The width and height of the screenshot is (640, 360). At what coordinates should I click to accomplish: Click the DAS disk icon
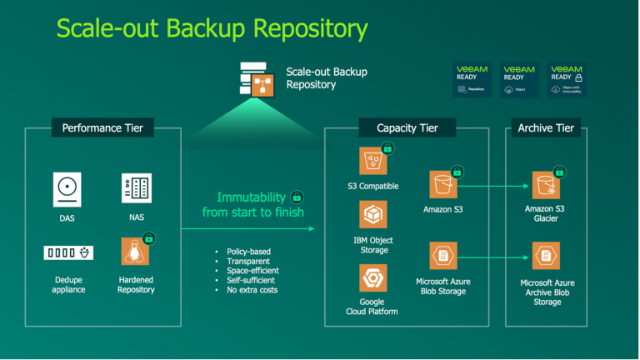[69, 189]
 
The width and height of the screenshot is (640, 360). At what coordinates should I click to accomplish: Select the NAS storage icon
[135, 189]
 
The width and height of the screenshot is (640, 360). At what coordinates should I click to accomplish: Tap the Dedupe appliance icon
[68, 252]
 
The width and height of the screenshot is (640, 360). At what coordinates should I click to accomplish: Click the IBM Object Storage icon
[373, 215]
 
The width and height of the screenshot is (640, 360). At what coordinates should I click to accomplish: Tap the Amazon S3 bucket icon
[443, 185]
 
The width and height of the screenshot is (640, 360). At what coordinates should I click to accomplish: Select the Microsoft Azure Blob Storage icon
[443, 255]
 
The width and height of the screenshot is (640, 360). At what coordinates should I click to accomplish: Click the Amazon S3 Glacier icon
[547, 185]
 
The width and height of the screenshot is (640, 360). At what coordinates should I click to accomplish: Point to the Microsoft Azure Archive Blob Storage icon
[547, 255]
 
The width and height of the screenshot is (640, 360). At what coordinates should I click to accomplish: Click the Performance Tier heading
[102, 128]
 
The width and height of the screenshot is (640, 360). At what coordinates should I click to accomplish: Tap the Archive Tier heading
[546, 128]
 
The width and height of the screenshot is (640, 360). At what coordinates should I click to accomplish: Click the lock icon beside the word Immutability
[296, 197]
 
